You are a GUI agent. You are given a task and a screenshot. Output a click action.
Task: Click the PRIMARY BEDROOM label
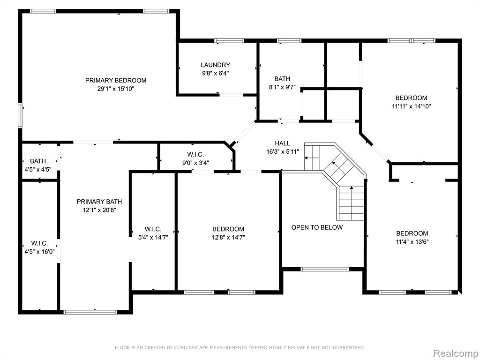pyautogui.click(x=116, y=81)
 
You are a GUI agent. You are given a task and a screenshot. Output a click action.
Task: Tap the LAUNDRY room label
pyautogui.click(x=215, y=65)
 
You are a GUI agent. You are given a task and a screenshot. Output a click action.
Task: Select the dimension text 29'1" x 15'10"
pyautogui.click(x=116, y=89)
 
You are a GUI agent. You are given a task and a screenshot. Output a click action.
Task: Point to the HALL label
pyautogui.click(x=282, y=143)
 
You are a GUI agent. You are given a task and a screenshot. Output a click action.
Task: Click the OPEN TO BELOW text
pyautogui.click(x=317, y=227)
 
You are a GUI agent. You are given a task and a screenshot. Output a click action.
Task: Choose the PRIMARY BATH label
pyautogui.click(x=99, y=202)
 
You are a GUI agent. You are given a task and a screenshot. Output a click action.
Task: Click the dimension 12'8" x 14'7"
pyautogui.click(x=228, y=237)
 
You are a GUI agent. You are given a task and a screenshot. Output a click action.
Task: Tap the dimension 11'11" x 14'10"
pyautogui.click(x=412, y=106)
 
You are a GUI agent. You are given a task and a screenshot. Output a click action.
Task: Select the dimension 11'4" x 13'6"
pyautogui.click(x=412, y=242)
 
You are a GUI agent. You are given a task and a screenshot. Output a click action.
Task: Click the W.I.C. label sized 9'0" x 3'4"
pyautogui.click(x=195, y=155)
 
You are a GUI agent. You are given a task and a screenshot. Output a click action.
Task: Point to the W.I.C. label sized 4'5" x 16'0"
pyautogui.click(x=39, y=243)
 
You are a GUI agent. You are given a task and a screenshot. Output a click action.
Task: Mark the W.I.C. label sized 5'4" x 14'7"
pyautogui.click(x=153, y=229)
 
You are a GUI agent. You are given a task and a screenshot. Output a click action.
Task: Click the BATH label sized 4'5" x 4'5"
pyautogui.click(x=38, y=161)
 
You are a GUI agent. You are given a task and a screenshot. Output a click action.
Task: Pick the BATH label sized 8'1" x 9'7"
pyautogui.click(x=282, y=79)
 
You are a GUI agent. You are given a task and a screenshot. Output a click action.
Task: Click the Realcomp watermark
pyautogui.click(x=455, y=353)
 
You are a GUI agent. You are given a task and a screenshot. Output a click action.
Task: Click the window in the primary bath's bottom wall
pyautogui.click(x=90, y=312)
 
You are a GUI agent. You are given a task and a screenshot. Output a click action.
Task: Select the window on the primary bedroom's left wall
pyautogui.click(x=20, y=115)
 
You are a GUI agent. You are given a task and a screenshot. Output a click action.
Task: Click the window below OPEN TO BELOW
pyautogui.click(x=325, y=270)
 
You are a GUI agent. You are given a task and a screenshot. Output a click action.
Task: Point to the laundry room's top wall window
pyautogui.click(x=229, y=41)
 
